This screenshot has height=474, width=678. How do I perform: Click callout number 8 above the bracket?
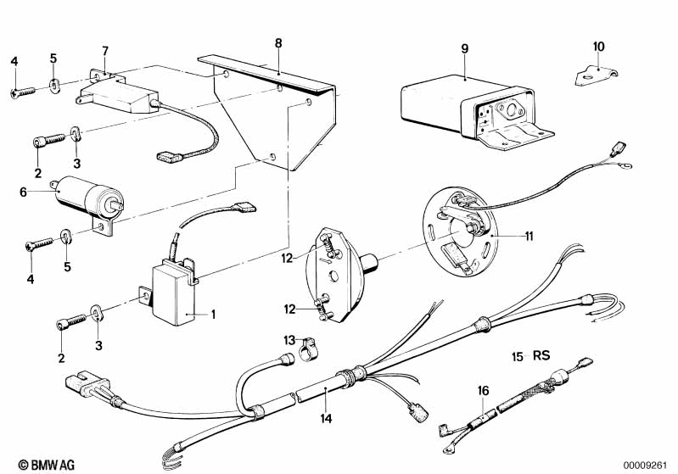[278, 42]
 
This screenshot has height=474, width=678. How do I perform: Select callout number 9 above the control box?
[464, 48]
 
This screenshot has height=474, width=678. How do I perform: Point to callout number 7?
[105, 50]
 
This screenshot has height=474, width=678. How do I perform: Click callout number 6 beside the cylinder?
[35, 192]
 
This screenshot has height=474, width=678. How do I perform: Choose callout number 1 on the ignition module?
[212, 315]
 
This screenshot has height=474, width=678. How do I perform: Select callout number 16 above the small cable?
[484, 390]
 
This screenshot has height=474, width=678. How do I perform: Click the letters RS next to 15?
[542, 356]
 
